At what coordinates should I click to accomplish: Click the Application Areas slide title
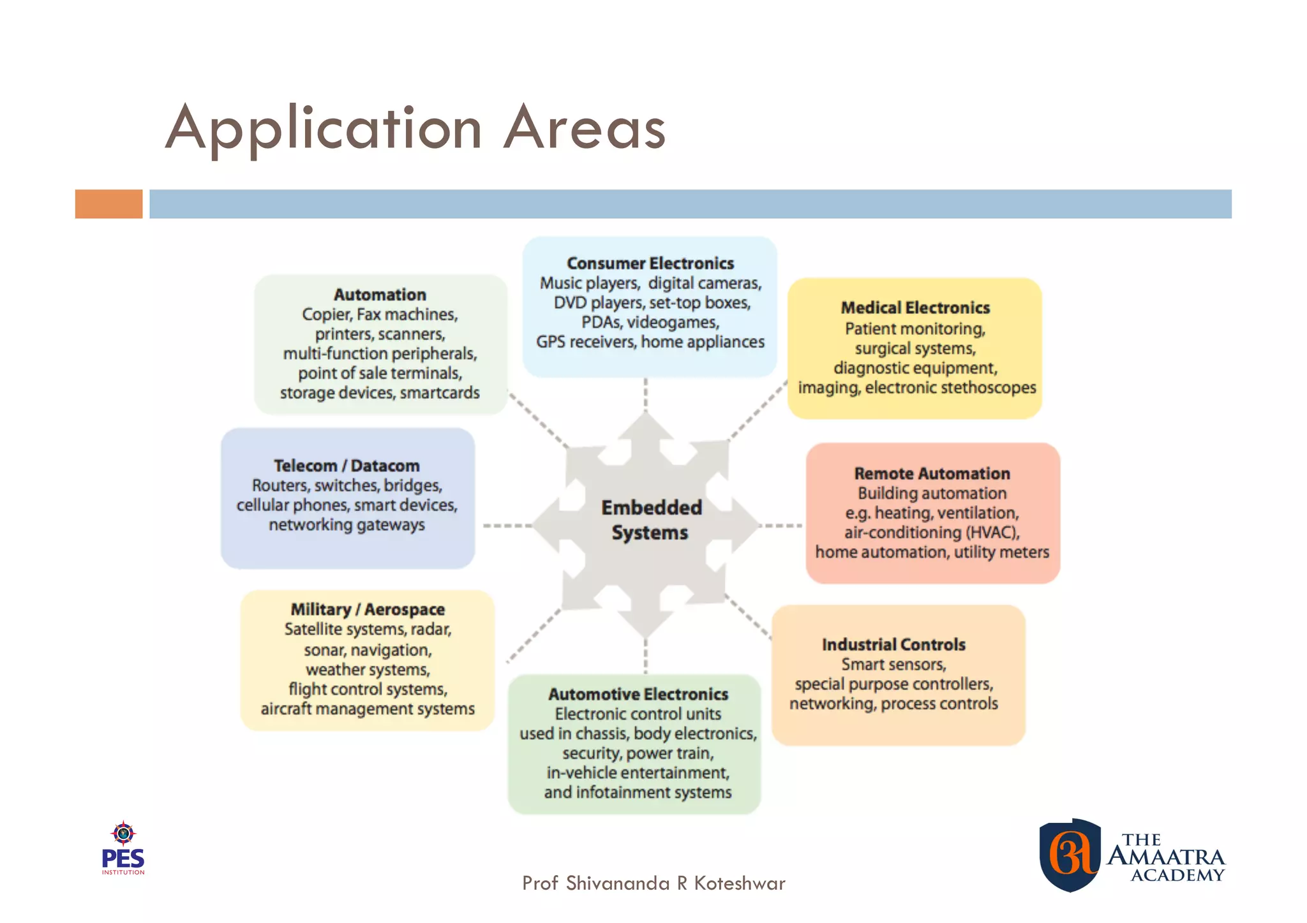415,128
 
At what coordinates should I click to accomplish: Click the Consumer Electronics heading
650,263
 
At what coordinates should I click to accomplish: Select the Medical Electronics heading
915,307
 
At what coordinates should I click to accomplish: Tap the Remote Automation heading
932,473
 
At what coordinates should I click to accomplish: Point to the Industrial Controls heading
893,644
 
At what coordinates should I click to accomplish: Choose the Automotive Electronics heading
638,694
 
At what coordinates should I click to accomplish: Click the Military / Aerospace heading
368,609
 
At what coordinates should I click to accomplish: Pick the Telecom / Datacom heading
347,466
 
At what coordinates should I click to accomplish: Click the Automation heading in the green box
380,295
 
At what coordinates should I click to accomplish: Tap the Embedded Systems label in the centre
650,520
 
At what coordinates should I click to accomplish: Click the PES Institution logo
123,848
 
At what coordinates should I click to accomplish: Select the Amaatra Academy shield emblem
1070,855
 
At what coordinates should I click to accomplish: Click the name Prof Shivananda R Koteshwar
653,883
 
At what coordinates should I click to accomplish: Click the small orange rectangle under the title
108,204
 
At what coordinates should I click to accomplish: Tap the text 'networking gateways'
347,525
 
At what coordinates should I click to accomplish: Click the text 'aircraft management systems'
368,709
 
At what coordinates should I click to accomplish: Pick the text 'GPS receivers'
586,342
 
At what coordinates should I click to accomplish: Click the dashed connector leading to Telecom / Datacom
507,526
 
